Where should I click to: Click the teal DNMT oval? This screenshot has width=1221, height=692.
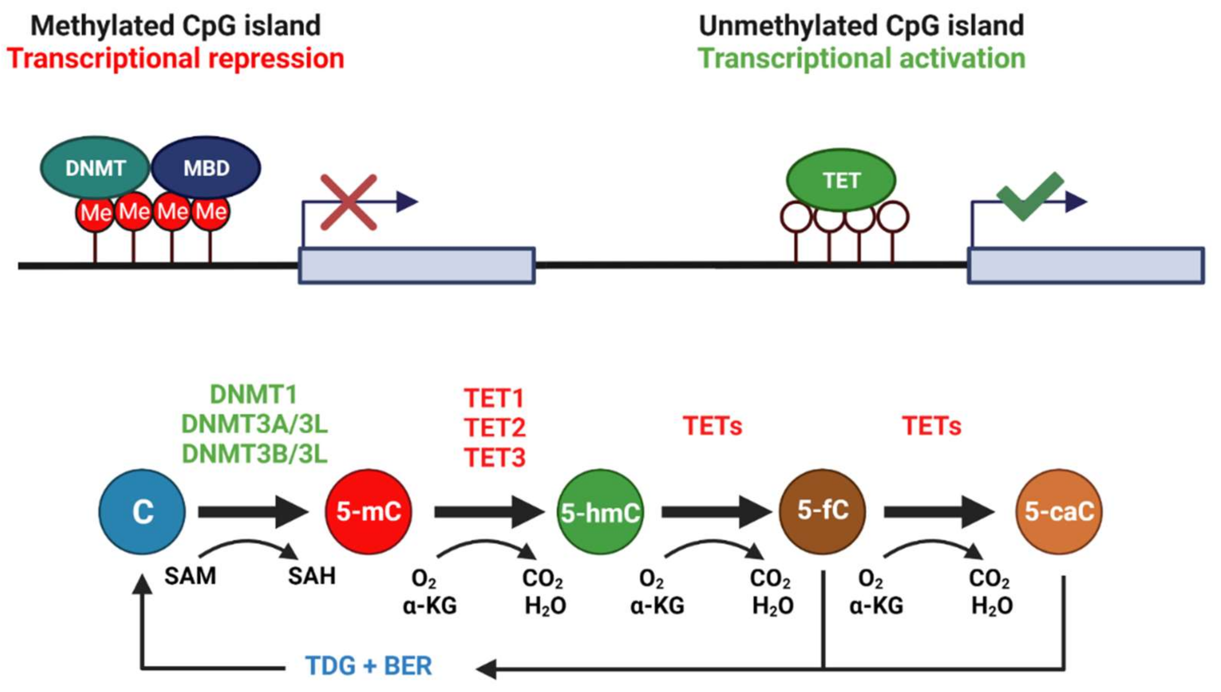pos(95,168)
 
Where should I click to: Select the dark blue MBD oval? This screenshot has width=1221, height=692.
pos(206,168)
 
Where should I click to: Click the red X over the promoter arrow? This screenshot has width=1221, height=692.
pos(348,202)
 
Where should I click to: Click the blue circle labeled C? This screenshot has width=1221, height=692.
pos(142,512)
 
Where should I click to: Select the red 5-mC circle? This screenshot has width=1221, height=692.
pos(369,512)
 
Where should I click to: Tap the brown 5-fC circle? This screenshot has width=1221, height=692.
pos(823,511)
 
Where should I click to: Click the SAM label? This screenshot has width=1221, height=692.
pos(190,576)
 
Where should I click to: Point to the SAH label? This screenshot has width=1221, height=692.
pos(312,576)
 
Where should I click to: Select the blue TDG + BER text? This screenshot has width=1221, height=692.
pos(369,665)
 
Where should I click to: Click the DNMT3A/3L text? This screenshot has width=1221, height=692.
pos(254,424)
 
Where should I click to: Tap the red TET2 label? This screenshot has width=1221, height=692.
pos(494,427)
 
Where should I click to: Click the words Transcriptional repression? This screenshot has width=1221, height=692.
pos(175,58)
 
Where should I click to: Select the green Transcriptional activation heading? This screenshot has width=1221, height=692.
pos(861,58)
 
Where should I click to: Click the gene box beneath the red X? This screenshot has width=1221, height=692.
pos(416,266)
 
